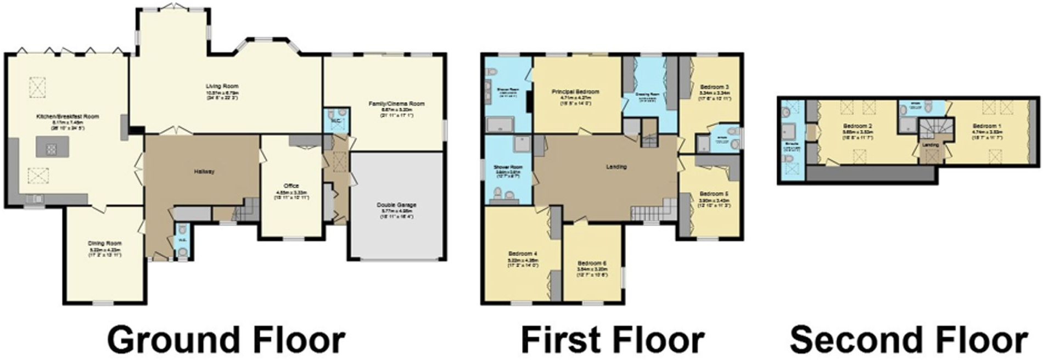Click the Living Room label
pyautogui.click(x=222, y=86)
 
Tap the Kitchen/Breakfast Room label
pyautogui.click(x=68, y=116)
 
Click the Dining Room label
pyautogui.click(x=105, y=243)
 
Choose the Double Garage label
pyautogui.click(x=396, y=205)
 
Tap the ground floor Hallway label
pyautogui.click(x=204, y=171)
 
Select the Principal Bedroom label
pyautogui.click(x=575, y=92)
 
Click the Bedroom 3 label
pyautogui.click(x=714, y=87)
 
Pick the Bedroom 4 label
pyautogui.click(x=523, y=254)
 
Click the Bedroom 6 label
pyautogui.click(x=592, y=262)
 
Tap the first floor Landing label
pyautogui.click(x=616, y=166)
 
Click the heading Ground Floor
pyautogui.click(x=226, y=340)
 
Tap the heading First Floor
pyautogui.click(x=612, y=340)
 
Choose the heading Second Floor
pyautogui.click(x=909, y=340)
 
